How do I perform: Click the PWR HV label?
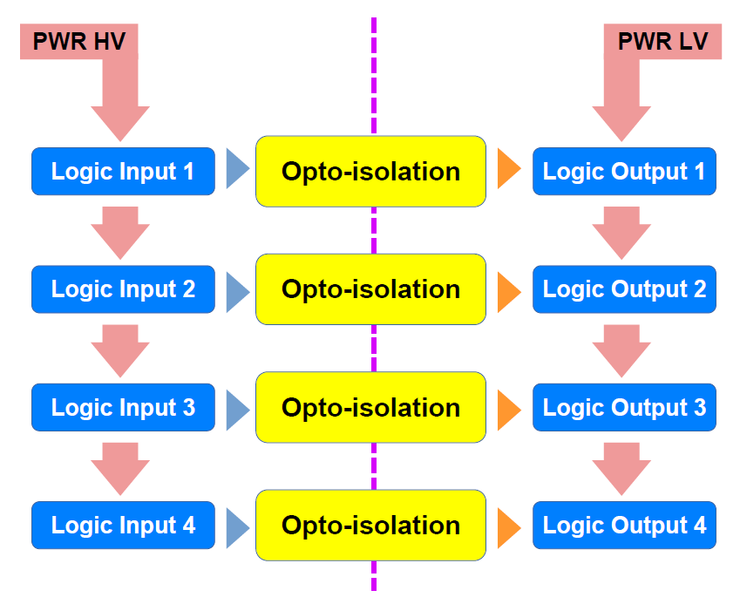point(79,41)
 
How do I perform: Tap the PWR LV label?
point(663,41)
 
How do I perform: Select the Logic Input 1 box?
point(123,172)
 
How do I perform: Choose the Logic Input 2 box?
point(123,289)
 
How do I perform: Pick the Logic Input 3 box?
point(123,407)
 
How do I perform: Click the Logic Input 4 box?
point(123,526)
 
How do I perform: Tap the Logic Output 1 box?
point(624,172)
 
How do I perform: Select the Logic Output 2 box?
point(624,289)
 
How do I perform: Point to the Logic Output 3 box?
point(624,407)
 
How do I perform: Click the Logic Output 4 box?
point(624,526)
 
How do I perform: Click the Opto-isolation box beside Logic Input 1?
point(371,172)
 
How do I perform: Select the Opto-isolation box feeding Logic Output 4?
point(371,526)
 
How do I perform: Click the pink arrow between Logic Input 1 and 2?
point(120,233)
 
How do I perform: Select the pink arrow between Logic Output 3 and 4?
point(621,469)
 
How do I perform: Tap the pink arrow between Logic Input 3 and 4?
point(120,469)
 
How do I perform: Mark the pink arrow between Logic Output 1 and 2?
point(621,233)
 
